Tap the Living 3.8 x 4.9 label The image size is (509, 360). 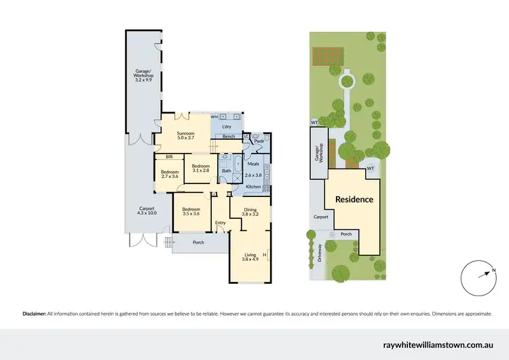pos(251,257)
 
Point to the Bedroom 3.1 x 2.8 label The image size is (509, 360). pos(200,168)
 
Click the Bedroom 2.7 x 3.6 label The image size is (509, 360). pos(169,175)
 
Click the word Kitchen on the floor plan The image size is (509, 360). pos(253,186)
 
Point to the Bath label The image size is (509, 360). pos(226,170)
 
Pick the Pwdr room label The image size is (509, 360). pos(259,142)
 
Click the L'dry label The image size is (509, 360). pos(227,126)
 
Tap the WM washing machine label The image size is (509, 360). pos(214,117)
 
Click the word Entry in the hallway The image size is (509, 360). pos(220,223)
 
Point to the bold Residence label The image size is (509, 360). pos(354,199)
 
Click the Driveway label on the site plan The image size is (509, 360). pos(319,253)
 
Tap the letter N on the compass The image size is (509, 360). pos(494,270)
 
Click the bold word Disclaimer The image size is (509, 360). pos(34,314)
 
